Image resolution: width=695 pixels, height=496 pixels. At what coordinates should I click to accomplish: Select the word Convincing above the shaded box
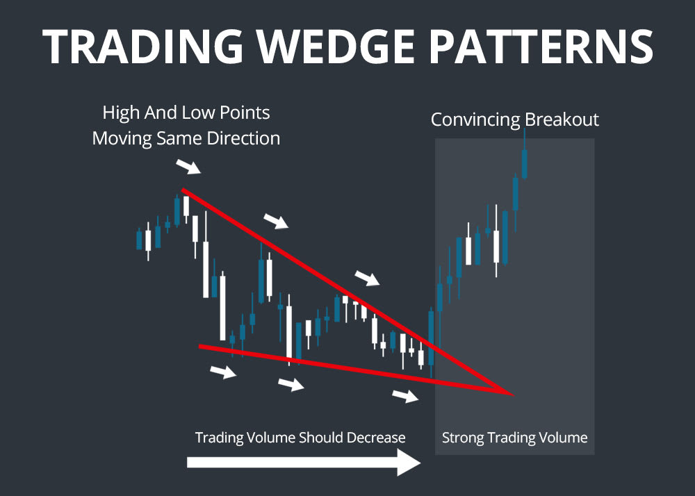(475, 119)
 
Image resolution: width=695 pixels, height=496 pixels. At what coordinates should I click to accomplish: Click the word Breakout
(562, 119)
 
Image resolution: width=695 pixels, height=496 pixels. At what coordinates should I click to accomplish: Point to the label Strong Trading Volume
(514, 438)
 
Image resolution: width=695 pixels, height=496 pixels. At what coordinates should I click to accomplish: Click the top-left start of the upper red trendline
(183, 190)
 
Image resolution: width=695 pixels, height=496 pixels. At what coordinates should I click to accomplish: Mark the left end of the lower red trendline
(200, 346)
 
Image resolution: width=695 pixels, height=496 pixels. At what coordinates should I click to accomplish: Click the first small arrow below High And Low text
(188, 167)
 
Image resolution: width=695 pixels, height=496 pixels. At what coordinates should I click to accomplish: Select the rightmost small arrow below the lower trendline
(406, 397)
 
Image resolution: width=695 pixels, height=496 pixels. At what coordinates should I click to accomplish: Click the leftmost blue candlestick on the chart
(139, 240)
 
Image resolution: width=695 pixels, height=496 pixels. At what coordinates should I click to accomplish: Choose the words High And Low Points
(186, 113)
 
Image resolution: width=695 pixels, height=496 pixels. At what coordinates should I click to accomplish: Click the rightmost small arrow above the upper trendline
(368, 279)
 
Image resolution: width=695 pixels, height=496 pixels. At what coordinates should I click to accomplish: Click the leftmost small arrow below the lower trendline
(223, 372)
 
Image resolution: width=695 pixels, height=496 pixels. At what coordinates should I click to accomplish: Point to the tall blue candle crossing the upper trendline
(432, 337)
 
